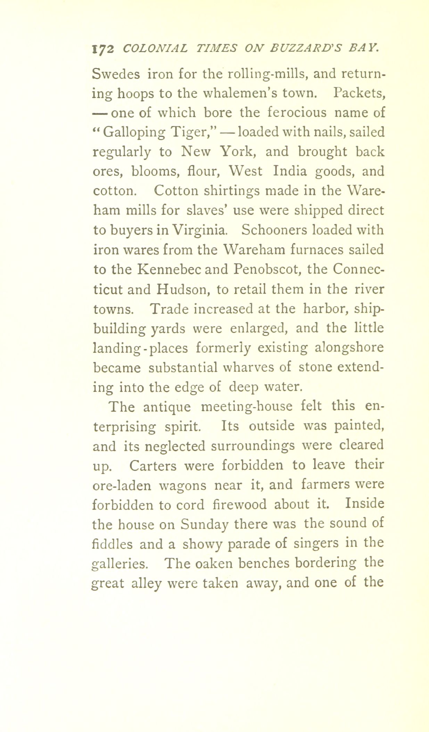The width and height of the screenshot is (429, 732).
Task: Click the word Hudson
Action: click(x=184, y=289)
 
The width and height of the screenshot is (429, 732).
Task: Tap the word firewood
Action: click(x=239, y=504)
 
